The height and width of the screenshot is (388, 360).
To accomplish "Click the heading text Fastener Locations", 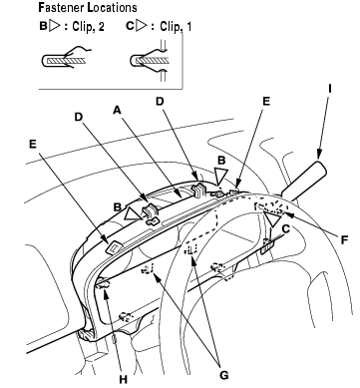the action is click(88, 7).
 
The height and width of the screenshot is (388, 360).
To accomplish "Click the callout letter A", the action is click(117, 110).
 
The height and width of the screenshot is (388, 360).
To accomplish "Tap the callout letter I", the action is click(330, 88).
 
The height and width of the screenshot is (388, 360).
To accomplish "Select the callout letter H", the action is click(124, 379).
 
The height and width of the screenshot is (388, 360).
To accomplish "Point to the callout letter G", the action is click(224, 375).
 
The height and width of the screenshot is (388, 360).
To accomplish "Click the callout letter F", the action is click(345, 239).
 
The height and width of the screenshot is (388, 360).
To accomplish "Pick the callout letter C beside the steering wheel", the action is click(285, 228).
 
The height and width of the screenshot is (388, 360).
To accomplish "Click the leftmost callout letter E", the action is click(33, 144).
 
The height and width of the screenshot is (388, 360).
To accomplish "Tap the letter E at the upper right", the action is click(266, 101).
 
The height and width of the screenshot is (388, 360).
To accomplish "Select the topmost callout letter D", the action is click(161, 101).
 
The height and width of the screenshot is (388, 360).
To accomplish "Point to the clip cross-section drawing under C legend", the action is click(149, 59).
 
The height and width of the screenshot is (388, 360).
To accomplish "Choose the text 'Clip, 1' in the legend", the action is click(176, 27).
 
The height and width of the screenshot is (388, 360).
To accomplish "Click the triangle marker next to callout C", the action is click(273, 219).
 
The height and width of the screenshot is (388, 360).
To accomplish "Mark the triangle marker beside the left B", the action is click(134, 213).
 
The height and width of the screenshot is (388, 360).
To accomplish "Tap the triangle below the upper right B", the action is click(220, 176).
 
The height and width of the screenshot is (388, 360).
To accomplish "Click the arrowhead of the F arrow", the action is click(288, 214).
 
